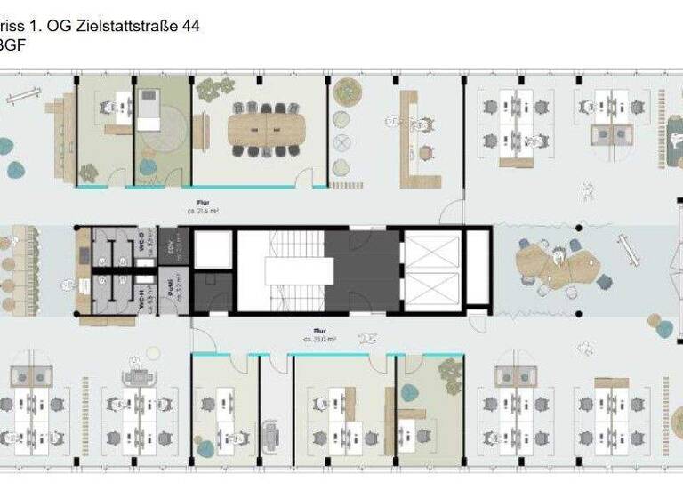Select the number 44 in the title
click(x=189, y=27)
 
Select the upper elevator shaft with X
click(x=430, y=250)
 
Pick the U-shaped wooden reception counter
click(x=415, y=142)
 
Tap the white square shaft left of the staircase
click(x=212, y=250)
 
